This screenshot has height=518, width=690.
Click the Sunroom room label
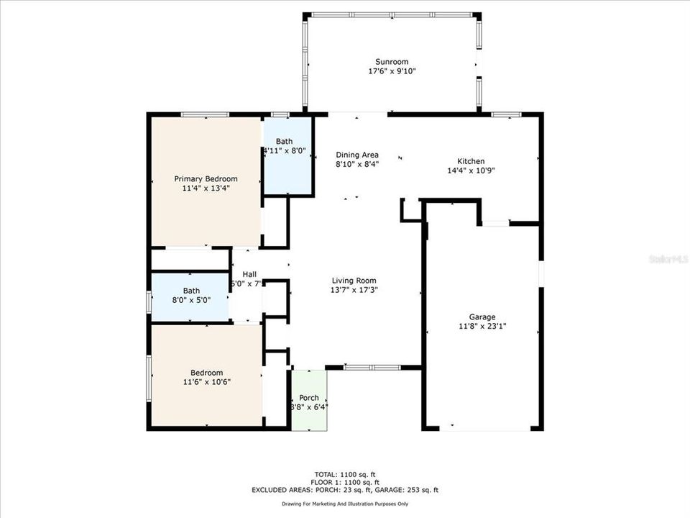392,61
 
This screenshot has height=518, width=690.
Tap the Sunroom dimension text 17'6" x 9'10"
392,71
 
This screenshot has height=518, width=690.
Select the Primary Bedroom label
206,178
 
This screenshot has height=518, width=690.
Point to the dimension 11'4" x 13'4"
206,188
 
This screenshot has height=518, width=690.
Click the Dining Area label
357,155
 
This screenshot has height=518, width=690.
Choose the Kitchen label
471,161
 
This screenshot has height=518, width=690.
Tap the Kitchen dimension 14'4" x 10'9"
471,171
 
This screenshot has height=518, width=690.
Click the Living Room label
354,281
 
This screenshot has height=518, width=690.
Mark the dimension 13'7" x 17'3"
354,290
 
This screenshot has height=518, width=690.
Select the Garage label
482,317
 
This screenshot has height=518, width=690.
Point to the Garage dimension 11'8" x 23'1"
482,326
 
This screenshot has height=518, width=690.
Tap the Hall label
249,274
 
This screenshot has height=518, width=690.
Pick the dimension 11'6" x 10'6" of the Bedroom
206,381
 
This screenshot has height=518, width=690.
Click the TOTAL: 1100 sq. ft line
345,475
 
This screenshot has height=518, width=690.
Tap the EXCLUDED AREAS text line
345,490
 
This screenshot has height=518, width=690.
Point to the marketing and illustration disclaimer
345,504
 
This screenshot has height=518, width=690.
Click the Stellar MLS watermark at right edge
668,256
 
